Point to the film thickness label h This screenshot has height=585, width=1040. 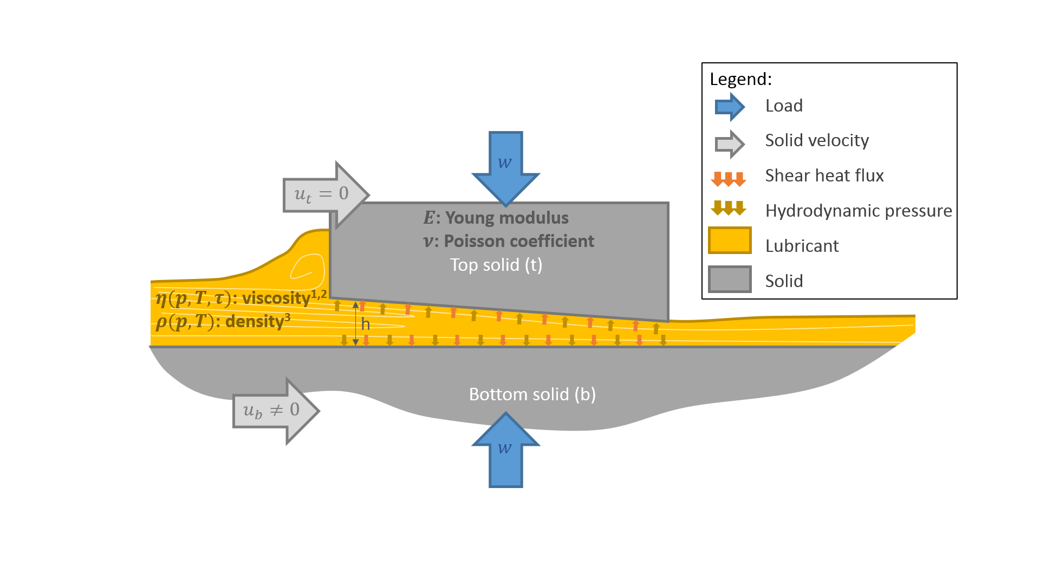tap(366, 324)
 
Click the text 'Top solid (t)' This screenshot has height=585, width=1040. tap(496, 265)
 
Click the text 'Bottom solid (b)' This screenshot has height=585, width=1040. tap(532, 394)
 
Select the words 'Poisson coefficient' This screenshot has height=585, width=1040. tap(518, 241)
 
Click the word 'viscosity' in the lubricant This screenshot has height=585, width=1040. tap(276, 298)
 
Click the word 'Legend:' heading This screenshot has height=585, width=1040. tap(740, 79)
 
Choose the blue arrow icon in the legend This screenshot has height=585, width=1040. tap(729, 107)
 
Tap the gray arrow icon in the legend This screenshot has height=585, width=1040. tap(729, 144)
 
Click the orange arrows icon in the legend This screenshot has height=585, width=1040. tap(728, 179)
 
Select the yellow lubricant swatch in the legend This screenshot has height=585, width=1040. tap(730, 240)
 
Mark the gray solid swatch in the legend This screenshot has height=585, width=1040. tap(730, 279)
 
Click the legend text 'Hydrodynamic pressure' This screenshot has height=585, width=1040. tap(858, 211)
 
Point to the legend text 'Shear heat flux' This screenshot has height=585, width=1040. tap(824, 175)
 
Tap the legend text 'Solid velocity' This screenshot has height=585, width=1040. tap(816, 140)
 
